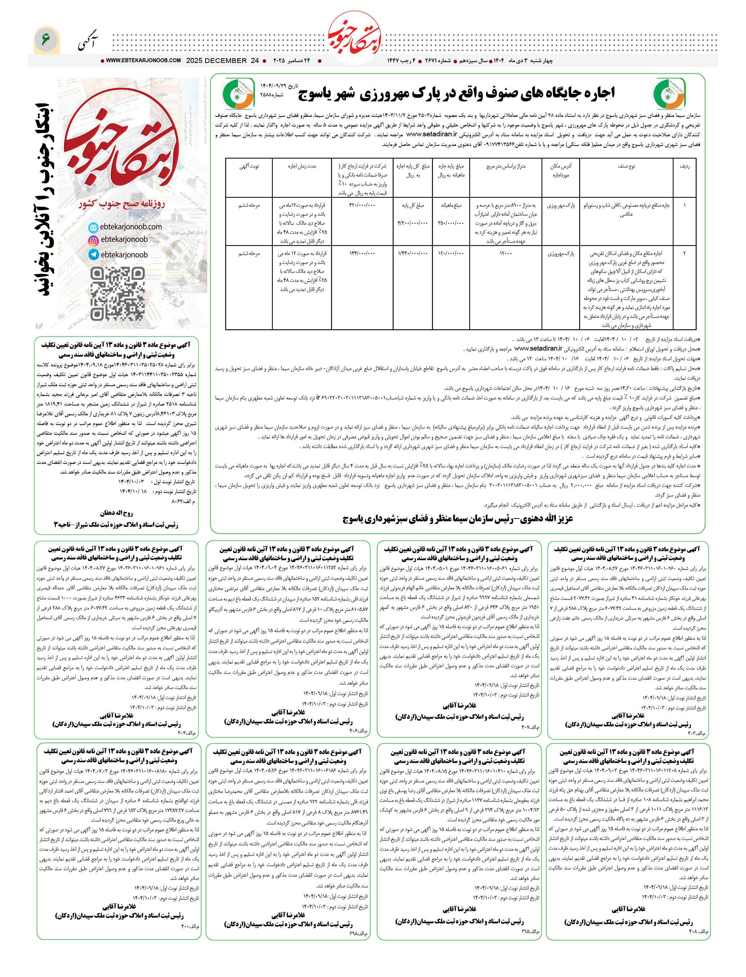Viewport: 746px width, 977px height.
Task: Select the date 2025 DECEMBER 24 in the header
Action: point(222,60)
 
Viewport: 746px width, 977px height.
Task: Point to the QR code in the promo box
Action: point(117,293)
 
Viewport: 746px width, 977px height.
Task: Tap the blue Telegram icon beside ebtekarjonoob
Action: point(93,254)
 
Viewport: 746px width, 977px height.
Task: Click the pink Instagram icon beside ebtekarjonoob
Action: point(93,241)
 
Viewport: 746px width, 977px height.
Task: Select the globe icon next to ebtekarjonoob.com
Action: point(93,227)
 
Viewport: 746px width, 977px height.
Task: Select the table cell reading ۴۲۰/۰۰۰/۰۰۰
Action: point(362,205)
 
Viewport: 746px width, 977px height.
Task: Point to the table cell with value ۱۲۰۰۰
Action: point(505,254)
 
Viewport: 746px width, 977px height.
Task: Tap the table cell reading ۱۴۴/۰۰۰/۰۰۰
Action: point(362,254)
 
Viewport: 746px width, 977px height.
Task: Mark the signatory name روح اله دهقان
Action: point(116,513)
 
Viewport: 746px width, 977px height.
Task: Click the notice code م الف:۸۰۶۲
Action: point(184,501)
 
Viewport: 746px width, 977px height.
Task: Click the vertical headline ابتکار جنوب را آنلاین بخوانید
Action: point(45,200)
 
